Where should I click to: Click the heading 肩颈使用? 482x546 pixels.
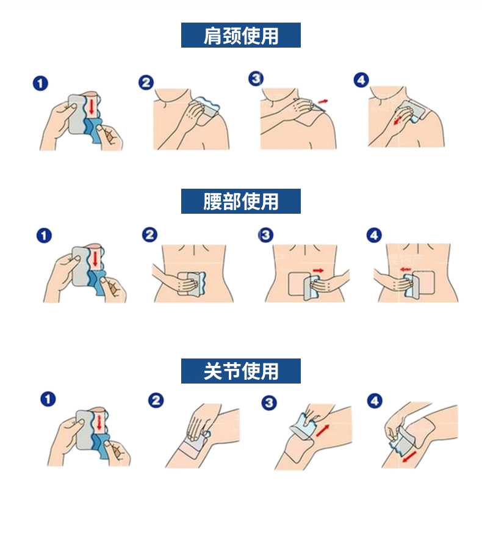240,35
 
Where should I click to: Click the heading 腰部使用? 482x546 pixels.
240,202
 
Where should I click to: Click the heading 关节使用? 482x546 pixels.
240,371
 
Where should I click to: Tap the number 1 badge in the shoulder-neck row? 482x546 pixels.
40,84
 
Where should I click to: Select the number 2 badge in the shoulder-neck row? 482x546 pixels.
146,83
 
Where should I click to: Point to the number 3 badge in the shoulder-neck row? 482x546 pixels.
256,78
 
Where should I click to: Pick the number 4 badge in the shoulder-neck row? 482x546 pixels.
361,80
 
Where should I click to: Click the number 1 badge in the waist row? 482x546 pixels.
44,235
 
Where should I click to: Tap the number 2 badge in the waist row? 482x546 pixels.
149,235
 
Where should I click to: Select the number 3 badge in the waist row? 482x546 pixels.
265,235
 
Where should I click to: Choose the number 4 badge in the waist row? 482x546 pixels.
374,235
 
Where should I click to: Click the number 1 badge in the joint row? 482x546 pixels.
48,399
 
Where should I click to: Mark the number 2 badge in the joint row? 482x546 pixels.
156,401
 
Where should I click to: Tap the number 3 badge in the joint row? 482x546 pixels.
269,403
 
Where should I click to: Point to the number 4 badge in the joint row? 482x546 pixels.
375,401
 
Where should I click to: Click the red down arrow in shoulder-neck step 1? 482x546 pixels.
92,106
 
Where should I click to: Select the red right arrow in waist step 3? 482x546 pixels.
318,270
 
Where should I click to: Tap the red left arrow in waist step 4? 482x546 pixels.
406,269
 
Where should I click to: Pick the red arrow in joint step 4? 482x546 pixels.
409,457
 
